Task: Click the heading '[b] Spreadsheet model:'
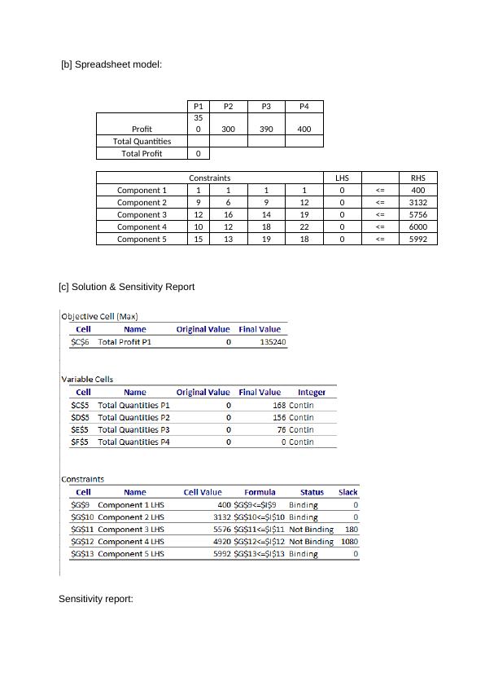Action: [111, 64]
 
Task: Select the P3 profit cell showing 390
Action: [266, 129]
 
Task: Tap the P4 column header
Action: [304, 106]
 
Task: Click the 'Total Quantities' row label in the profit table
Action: [142, 141]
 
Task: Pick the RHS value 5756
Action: [418, 214]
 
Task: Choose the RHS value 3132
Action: [418, 202]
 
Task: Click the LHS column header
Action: [342, 178]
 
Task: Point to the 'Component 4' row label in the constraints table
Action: [142, 226]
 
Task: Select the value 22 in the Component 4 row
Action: [304, 226]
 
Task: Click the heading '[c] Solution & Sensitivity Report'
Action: [126, 287]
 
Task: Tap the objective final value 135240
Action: [273, 342]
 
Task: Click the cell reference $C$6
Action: [80, 342]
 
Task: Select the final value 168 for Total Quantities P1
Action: [279, 405]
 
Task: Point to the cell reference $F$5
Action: [80, 442]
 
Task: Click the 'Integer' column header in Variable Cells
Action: [312, 392]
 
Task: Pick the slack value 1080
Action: [349, 541]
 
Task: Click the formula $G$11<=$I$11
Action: [260, 529]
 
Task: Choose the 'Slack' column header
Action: [347, 492]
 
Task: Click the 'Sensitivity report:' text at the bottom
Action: [95, 599]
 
